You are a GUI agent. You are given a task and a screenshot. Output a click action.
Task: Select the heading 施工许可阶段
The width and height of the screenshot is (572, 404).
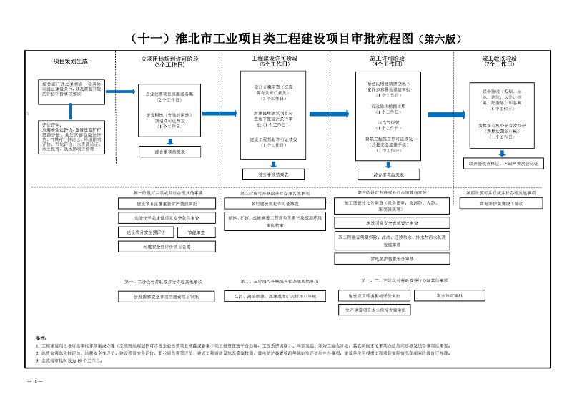click(x=387, y=58)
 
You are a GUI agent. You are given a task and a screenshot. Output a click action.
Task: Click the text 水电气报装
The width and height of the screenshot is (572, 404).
click(x=387, y=122)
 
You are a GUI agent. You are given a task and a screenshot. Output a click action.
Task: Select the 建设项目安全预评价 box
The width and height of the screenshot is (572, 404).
click(x=147, y=232)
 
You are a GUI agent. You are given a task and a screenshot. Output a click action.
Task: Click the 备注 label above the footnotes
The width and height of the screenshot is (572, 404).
click(x=40, y=337)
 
